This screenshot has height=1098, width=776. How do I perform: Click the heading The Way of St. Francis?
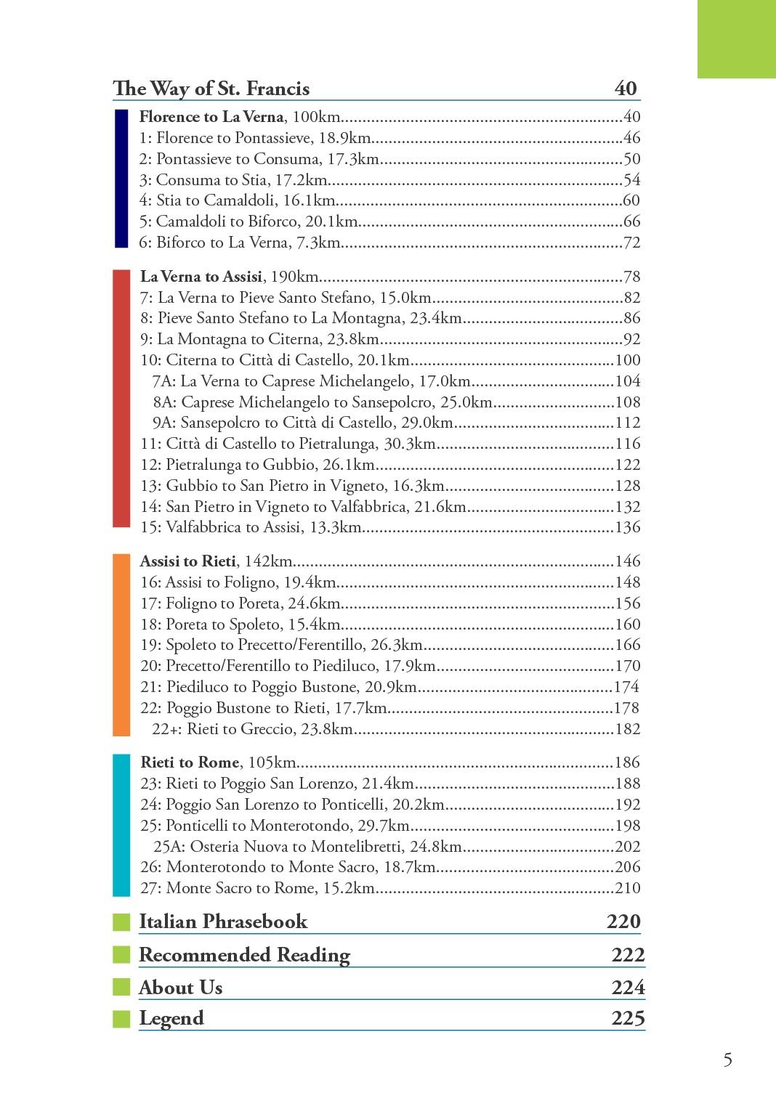pos(211,89)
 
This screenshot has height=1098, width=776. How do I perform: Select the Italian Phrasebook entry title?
pos(223,922)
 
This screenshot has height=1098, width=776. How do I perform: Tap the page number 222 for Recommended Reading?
pos(628,955)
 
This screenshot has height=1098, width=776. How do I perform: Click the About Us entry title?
pos(181,988)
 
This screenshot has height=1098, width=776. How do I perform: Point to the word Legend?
pos(171,1018)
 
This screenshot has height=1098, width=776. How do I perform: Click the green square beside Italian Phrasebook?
pos(121,922)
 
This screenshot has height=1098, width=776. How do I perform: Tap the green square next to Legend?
pos(121,1019)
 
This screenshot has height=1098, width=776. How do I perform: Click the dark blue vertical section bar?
pos(121,178)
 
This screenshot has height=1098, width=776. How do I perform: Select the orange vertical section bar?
pos(121,645)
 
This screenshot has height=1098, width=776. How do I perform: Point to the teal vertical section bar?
pos(121,825)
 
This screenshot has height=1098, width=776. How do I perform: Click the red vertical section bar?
pos(121,398)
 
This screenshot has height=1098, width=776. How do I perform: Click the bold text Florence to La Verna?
pos(211,117)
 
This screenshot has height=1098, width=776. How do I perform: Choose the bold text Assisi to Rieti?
pos(188,561)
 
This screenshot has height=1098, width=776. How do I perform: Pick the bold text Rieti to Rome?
pos(190,762)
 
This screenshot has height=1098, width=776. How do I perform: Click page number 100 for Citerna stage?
pos(628,360)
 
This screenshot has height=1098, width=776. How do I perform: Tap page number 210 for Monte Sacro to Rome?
pos(628,887)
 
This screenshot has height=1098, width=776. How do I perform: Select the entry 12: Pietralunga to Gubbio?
pos(258,465)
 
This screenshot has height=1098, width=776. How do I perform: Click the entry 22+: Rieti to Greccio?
pos(252,729)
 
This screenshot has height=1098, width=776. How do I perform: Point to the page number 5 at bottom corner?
pos(727,1060)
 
